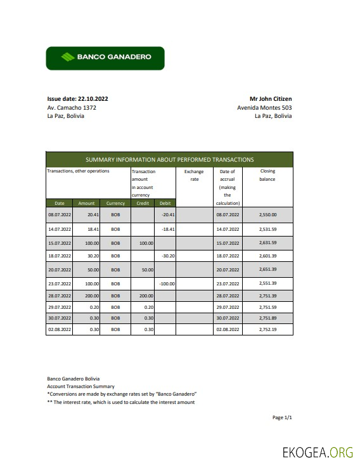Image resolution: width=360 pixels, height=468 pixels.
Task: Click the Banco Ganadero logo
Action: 105,58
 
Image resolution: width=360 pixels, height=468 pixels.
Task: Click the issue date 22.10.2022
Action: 77,99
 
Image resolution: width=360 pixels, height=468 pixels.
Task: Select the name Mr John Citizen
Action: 271,99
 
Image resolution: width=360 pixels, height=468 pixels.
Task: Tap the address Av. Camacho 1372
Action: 72,108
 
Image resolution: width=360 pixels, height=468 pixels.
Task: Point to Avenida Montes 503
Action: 264,108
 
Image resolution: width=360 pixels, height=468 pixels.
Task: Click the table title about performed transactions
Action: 169,160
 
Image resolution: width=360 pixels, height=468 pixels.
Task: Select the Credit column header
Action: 143,203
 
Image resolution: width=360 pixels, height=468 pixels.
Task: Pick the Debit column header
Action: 165,203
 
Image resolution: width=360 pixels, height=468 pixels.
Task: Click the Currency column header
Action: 115,203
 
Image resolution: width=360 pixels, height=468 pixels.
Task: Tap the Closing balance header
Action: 267,175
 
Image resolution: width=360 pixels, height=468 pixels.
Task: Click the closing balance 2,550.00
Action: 267,215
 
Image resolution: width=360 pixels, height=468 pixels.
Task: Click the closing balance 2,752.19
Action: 267,330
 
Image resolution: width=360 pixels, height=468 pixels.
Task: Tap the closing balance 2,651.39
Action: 267,269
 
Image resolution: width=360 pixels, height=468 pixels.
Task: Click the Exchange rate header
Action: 194,175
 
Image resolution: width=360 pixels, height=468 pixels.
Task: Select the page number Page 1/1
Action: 282,417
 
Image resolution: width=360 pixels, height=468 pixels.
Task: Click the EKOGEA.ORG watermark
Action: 318,452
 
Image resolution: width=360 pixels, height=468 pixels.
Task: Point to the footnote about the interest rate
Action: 121,402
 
